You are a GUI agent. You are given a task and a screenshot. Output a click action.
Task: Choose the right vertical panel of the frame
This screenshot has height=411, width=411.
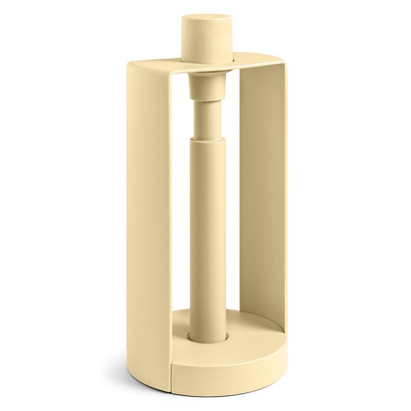[x=260, y=197]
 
